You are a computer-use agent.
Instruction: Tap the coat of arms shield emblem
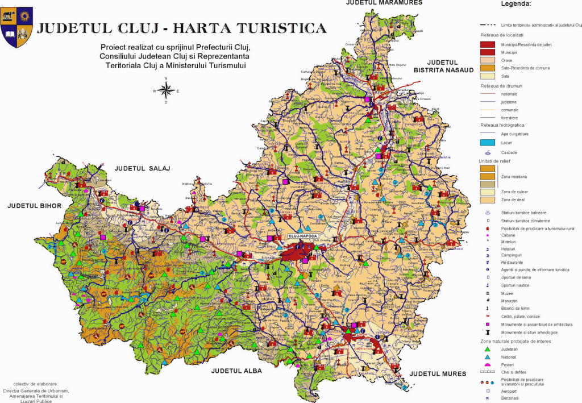[x=17, y=26]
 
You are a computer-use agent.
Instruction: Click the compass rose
[x=166, y=90]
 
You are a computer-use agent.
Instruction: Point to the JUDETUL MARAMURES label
[x=384, y=3]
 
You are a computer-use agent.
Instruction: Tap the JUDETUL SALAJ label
[x=143, y=168]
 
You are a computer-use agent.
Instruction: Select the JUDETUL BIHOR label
[x=34, y=205]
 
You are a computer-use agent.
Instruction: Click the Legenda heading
[x=516, y=4]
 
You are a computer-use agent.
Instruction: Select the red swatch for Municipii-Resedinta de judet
[x=487, y=44]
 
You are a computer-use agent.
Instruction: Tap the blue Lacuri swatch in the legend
[x=487, y=142]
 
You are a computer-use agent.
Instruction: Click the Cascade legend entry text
[x=510, y=153]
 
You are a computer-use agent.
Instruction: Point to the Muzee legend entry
[x=507, y=294]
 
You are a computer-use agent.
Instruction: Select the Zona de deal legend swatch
[x=487, y=200]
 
